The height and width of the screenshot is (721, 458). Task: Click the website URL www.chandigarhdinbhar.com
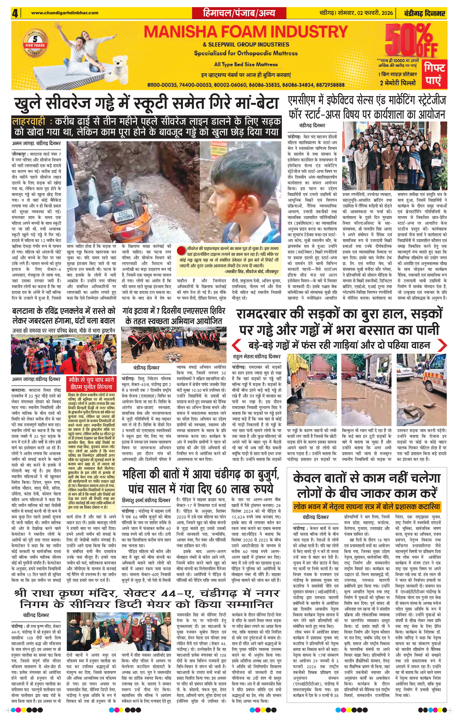click(x=65, y=13)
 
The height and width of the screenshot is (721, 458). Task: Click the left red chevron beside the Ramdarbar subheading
click(x=238, y=345)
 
